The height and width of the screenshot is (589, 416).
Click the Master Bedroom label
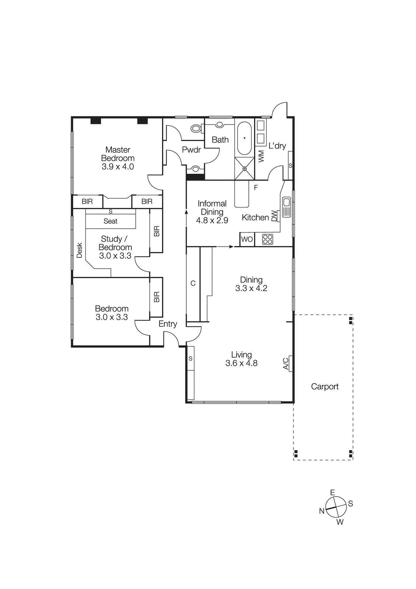pyautogui.click(x=118, y=154)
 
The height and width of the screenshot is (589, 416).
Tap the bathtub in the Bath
pyautogui.click(x=244, y=138)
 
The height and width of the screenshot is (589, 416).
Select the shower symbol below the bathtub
pyautogui.click(x=244, y=169)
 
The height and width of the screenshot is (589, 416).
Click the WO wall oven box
pyautogui.click(x=247, y=239)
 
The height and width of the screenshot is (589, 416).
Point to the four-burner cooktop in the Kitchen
pyautogui.click(x=268, y=239)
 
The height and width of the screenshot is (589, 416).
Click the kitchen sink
pyautogui.click(x=286, y=207)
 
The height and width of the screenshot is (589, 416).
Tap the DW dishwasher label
pyautogui.click(x=274, y=216)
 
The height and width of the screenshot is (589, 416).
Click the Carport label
pyautogui.click(x=324, y=387)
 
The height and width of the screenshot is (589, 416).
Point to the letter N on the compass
pyautogui.click(x=322, y=511)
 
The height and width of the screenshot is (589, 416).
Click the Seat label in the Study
pyautogui.click(x=110, y=221)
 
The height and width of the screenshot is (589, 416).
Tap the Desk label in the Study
pyautogui.click(x=80, y=250)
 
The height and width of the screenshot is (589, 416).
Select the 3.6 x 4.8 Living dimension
pyautogui.click(x=242, y=363)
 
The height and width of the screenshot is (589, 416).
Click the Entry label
pyautogui.click(x=168, y=324)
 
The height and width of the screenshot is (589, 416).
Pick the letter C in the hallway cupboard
pyautogui.click(x=193, y=283)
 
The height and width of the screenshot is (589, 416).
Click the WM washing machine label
pyautogui.click(x=261, y=156)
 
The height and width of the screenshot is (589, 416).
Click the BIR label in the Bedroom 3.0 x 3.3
pyautogui.click(x=156, y=297)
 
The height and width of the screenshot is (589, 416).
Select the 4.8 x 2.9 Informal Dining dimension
pyautogui.click(x=212, y=221)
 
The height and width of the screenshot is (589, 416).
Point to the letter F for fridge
pyautogui.click(x=256, y=188)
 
